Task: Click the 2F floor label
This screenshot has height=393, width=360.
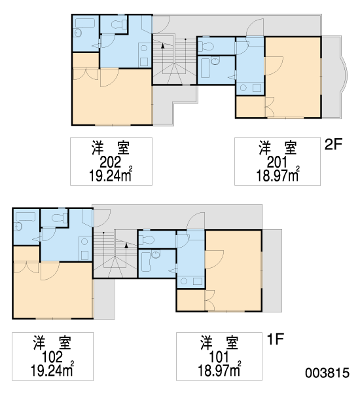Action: point(333,144)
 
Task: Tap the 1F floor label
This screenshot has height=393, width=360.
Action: point(275,339)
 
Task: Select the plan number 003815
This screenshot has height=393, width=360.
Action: point(327,373)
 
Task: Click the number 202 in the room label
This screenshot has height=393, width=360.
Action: point(111,162)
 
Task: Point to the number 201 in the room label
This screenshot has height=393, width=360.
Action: point(277,162)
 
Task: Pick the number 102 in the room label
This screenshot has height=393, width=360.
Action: point(52,357)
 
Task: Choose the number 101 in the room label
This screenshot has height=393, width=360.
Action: point(219,357)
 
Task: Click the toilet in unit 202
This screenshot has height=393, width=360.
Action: point(119,24)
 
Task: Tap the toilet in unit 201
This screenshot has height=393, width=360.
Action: point(206,46)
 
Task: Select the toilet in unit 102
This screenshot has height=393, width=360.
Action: point(60,218)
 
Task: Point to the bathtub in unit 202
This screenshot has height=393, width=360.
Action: point(85,23)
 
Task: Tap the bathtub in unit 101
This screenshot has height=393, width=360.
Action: point(146,261)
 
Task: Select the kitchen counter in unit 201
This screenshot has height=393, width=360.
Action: point(250,88)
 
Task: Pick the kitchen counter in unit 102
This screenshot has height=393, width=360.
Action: point(84,248)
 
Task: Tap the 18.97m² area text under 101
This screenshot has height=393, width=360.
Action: point(219,371)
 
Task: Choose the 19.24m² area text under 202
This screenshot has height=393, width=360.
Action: point(111,176)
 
